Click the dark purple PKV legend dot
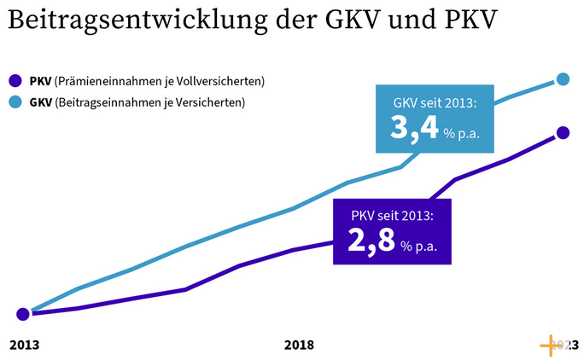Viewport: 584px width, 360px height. pyautogui.click(x=15, y=82)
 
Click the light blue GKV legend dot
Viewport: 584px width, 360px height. pyautogui.click(x=15, y=104)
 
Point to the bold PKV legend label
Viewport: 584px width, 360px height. pyautogui.click(x=39, y=82)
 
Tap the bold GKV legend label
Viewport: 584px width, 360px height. pyautogui.click(x=39, y=104)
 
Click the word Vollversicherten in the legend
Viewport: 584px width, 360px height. pyautogui.click(x=220, y=82)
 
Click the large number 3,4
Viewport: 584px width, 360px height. pyautogui.click(x=413, y=128)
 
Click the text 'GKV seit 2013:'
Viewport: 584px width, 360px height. pyautogui.click(x=434, y=102)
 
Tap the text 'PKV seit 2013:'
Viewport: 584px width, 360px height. pyautogui.click(x=392, y=214)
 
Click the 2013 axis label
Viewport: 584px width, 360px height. pyautogui.click(x=24, y=345)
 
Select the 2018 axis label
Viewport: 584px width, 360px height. pyautogui.click(x=298, y=345)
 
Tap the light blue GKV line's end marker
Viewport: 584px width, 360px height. pyautogui.click(x=563, y=79)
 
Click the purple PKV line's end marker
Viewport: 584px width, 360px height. pyautogui.click(x=562, y=132)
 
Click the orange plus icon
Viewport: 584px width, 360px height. pyautogui.click(x=552, y=345)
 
